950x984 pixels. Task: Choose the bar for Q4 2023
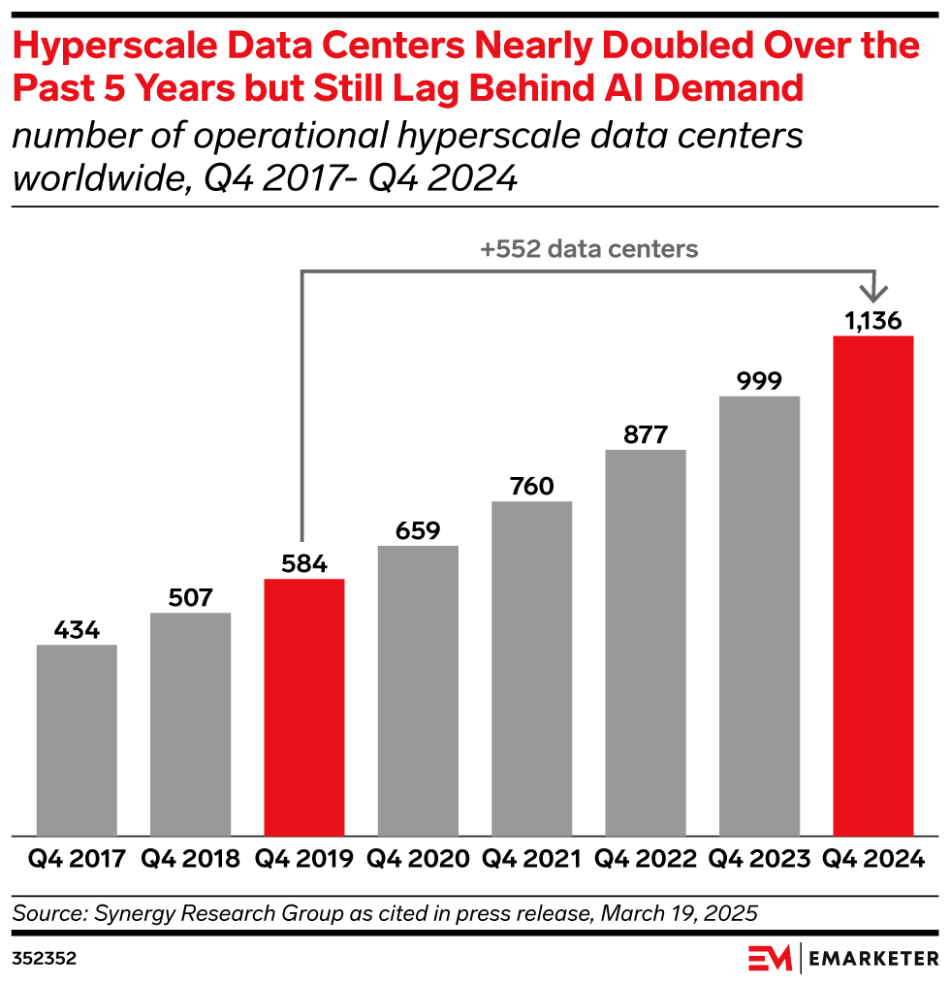pyautogui.click(x=759, y=615)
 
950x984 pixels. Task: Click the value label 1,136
pyautogui.click(x=873, y=321)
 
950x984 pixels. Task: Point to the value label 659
pyautogui.click(x=418, y=530)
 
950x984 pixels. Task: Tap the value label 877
pyautogui.click(x=646, y=434)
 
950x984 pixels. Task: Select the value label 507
pyautogui.click(x=190, y=597)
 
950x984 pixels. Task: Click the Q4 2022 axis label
pyautogui.click(x=646, y=859)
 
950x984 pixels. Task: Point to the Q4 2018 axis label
pyautogui.click(x=190, y=859)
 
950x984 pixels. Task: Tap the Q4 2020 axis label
pyautogui.click(x=418, y=859)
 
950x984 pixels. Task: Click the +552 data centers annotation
pyautogui.click(x=588, y=249)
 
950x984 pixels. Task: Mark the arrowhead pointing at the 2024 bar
pyautogui.click(x=875, y=291)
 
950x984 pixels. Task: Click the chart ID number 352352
pyautogui.click(x=44, y=958)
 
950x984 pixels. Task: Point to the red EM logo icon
pyautogui.click(x=771, y=958)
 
